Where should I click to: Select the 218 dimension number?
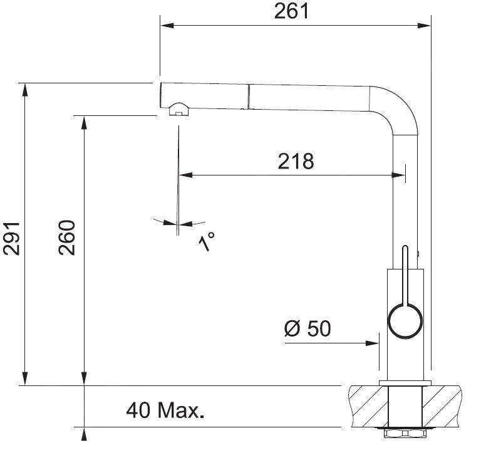[x=296, y=161]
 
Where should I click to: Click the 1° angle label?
[x=207, y=241]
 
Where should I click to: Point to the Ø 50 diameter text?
[x=307, y=328]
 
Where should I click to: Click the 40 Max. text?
[x=165, y=411]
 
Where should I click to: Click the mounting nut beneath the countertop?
[x=404, y=432]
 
